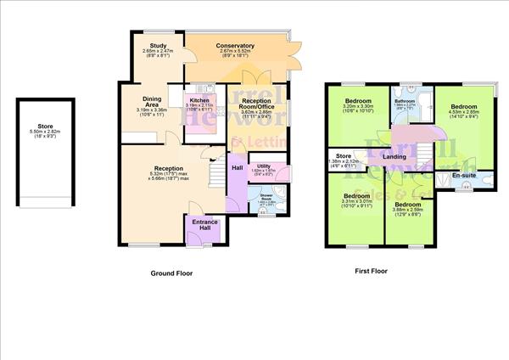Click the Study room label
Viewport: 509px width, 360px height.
tap(157, 46)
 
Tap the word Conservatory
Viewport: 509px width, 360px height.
tap(235, 45)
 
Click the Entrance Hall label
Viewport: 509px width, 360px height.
tap(205, 225)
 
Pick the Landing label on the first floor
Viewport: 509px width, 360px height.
tap(394, 157)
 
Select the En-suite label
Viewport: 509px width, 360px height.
tap(463, 175)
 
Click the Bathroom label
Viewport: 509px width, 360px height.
tap(405, 101)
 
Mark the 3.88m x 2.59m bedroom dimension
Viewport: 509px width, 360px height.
tap(409, 211)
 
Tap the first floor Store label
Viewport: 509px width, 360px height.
tap(343, 156)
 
